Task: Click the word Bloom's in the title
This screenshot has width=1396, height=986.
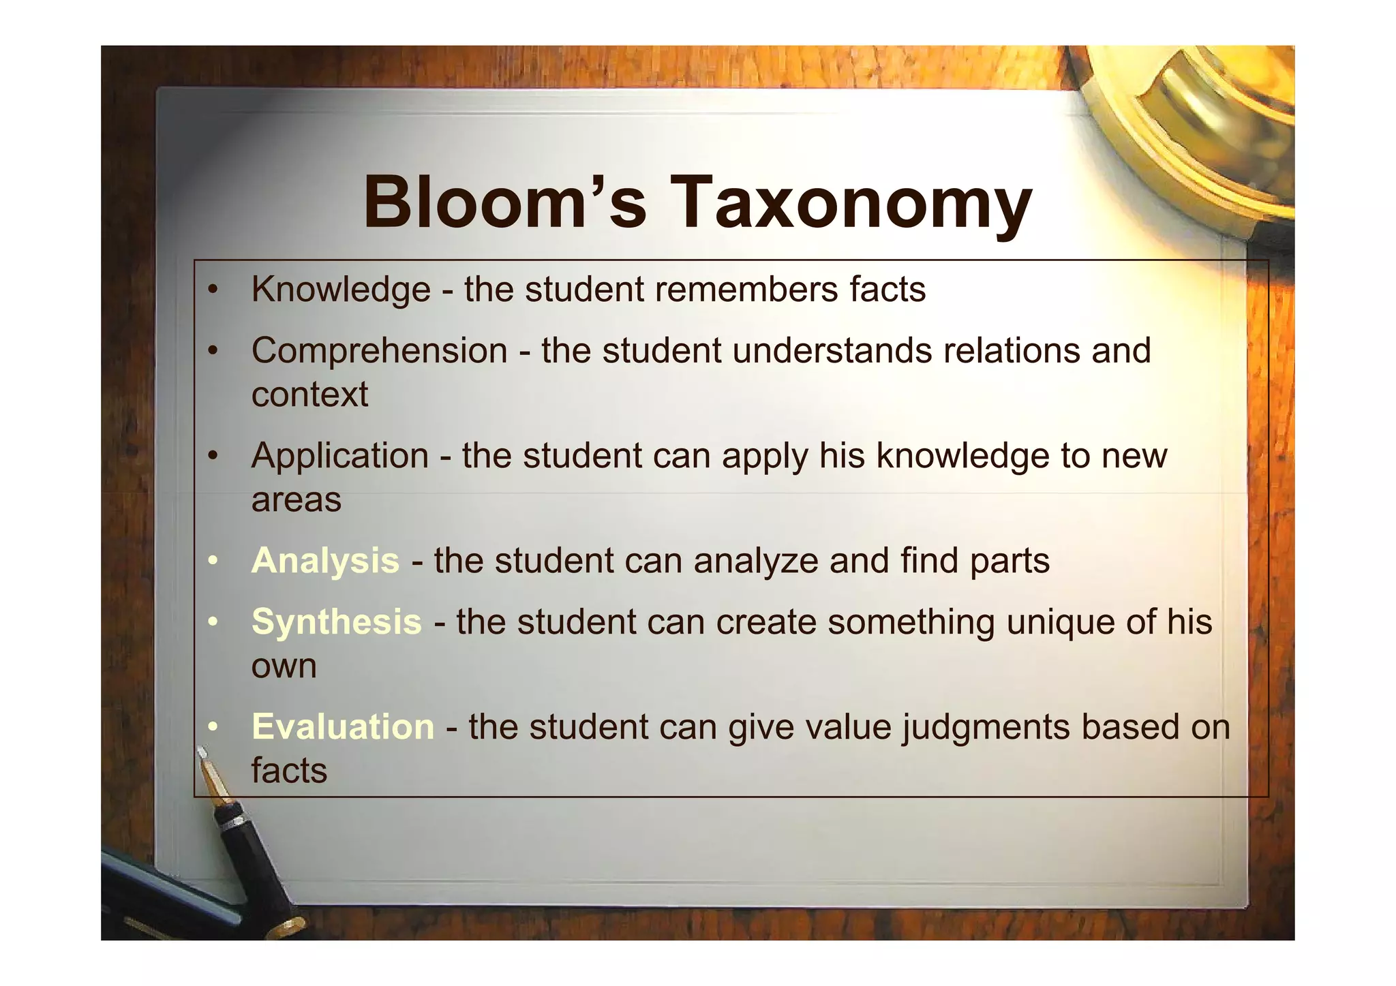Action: [504, 202]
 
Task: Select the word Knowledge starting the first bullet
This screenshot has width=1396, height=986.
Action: [341, 290]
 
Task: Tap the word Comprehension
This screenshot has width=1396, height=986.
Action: [379, 351]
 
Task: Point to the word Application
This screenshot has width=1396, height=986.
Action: [339, 456]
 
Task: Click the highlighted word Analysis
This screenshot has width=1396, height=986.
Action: [325, 561]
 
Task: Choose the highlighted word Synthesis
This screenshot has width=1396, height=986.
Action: [337, 622]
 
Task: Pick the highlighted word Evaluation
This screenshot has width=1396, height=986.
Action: [343, 727]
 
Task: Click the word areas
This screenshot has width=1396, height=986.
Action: [296, 500]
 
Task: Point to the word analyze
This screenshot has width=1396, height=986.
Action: [756, 561]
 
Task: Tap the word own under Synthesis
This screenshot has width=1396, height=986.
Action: [284, 666]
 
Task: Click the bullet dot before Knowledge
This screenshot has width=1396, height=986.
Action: [213, 290]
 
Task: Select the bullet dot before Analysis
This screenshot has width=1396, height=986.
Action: [213, 561]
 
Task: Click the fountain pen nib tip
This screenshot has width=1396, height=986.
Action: [200, 750]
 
